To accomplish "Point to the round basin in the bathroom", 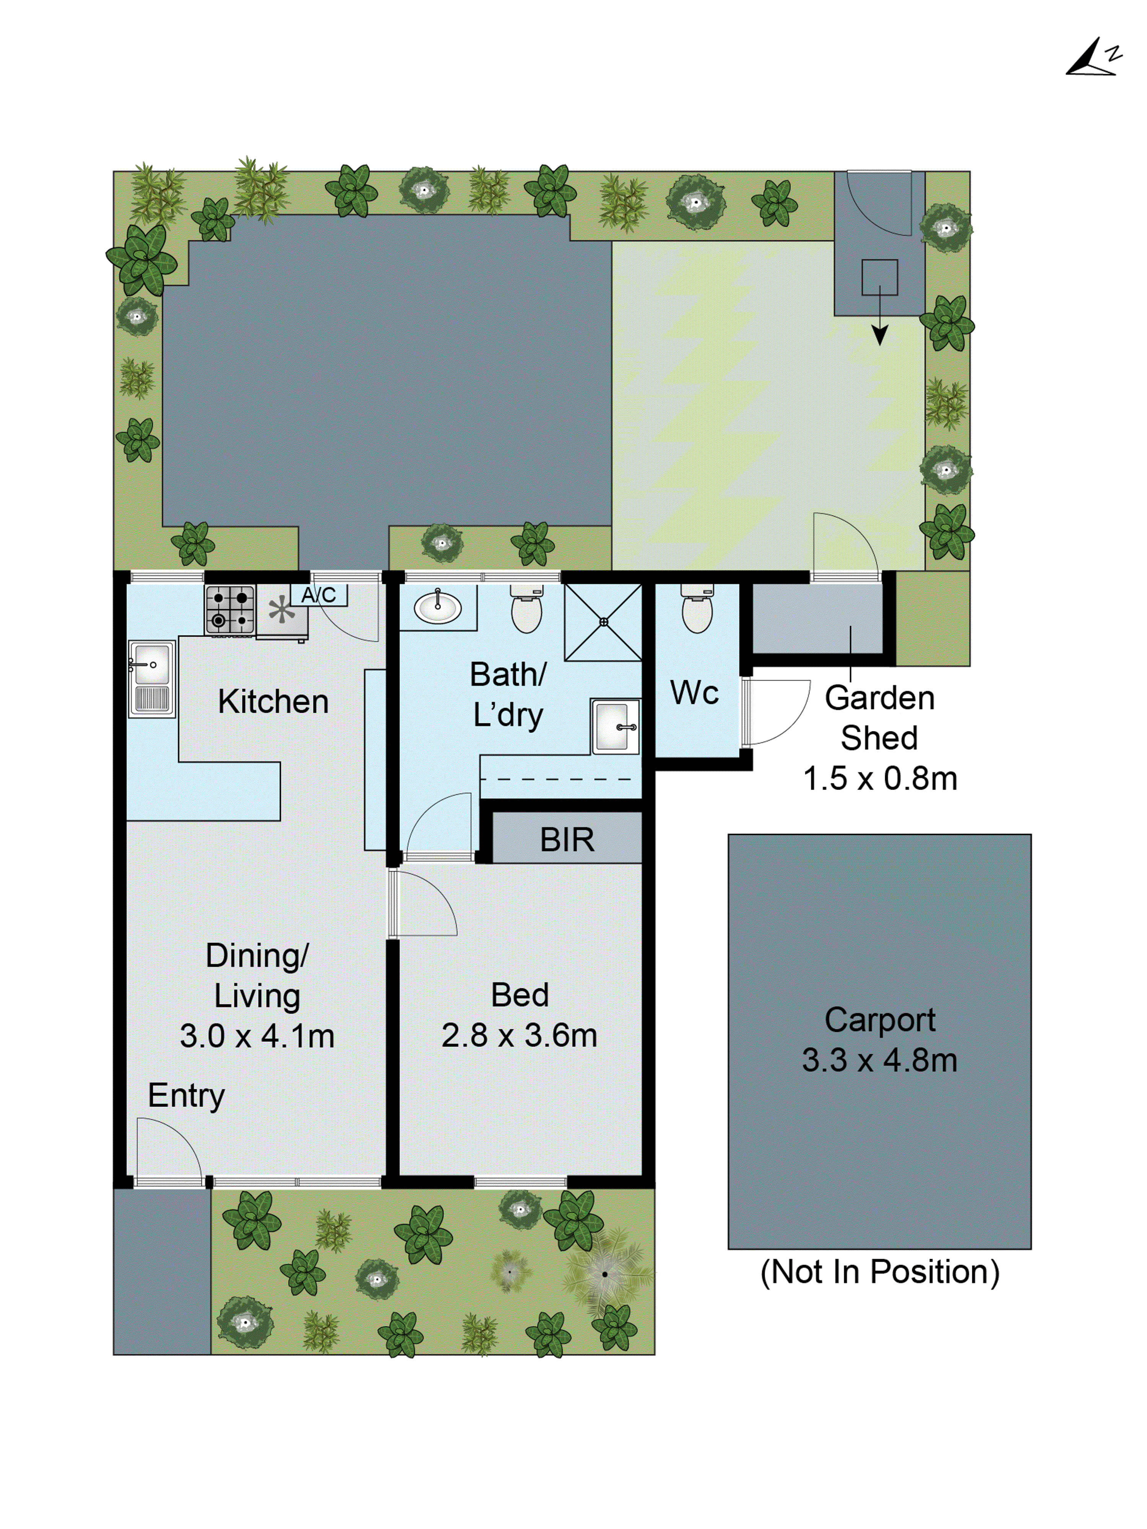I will click(438, 608).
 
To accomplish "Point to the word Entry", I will click(186, 1095).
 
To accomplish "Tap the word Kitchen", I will click(273, 702).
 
